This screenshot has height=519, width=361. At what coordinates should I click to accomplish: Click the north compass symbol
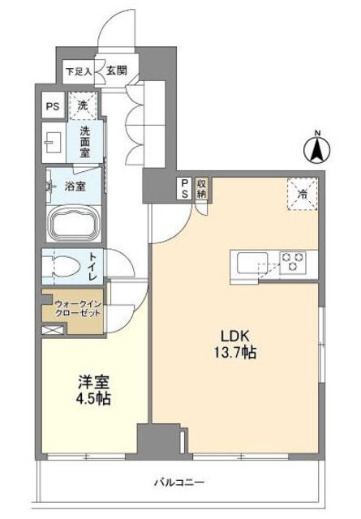coord(317,148)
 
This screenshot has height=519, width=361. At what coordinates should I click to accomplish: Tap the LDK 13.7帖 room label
coord(234,345)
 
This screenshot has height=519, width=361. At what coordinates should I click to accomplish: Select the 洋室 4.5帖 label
coord(94,390)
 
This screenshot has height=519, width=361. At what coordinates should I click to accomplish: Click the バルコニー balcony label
coord(178,482)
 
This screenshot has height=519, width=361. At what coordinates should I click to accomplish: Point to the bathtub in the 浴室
coord(74,222)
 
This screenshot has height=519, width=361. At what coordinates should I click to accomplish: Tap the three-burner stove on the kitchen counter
coord(292,262)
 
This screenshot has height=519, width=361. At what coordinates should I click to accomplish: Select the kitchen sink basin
coord(252,263)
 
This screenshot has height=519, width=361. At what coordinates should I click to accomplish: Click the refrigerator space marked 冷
coord(302,194)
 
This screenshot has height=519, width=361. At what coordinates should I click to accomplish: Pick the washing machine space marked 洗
coord(83,106)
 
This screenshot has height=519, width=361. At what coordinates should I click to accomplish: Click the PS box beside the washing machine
coord(53,106)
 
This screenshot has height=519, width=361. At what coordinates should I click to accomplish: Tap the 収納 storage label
coord(200,189)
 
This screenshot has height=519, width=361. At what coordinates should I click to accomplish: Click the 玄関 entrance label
coord(117,71)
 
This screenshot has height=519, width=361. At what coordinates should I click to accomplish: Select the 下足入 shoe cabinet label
coord(79,71)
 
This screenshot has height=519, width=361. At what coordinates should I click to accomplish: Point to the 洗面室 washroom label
coord(85,142)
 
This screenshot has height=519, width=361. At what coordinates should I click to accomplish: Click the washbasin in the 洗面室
coord(54,143)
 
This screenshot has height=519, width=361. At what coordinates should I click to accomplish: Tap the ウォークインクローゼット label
coord(78,308)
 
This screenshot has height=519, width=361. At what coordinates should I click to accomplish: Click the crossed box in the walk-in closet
coord(53,330)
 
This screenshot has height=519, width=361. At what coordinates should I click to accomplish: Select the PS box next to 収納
coord(185,189)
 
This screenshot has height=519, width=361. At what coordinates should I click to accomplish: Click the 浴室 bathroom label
coord(75,187)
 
